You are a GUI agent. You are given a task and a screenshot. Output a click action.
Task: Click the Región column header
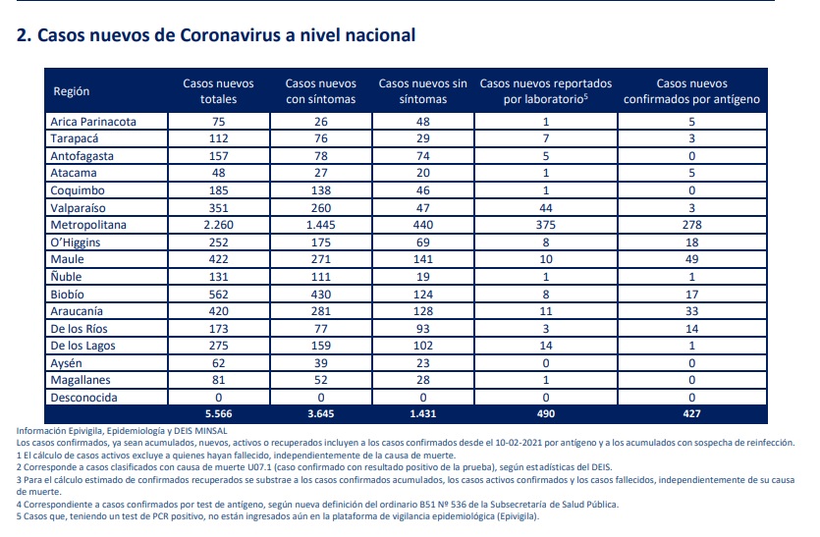click(x=71, y=91)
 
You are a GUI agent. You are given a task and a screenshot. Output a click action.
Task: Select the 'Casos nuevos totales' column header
click(x=218, y=91)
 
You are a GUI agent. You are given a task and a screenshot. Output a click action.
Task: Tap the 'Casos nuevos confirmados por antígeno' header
click(x=691, y=91)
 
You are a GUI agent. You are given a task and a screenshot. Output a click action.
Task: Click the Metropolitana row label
click(x=88, y=225)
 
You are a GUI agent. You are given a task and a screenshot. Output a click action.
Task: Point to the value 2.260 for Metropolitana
click(x=218, y=225)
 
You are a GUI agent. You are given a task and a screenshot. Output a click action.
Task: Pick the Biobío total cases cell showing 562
click(x=218, y=295)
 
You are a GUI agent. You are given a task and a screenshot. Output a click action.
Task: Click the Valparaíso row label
click(x=78, y=207)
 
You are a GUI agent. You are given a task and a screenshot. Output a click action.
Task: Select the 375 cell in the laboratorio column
click(x=545, y=225)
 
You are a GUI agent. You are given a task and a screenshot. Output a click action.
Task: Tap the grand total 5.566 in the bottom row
click(x=218, y=413)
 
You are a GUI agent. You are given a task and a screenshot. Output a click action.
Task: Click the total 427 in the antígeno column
click(x=691, y=413)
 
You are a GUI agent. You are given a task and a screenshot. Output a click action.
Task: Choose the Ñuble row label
click(x=66, y=277)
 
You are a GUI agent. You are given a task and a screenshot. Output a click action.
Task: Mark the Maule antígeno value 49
click(x=691, y=259)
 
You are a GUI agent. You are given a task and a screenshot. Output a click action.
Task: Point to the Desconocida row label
click(x=83, y=398)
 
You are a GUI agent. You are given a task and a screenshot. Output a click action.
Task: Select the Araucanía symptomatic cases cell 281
click(x=320, y=311)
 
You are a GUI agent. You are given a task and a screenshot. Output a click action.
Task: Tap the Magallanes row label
click(x=81, y=380)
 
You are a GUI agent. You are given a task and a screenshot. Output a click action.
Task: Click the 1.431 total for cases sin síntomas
click(x=422, y=413)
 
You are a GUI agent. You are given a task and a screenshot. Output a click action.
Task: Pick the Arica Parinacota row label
click(x=93, y=122)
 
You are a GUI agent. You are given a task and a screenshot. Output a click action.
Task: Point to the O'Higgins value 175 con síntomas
click(x=320, y=242)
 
